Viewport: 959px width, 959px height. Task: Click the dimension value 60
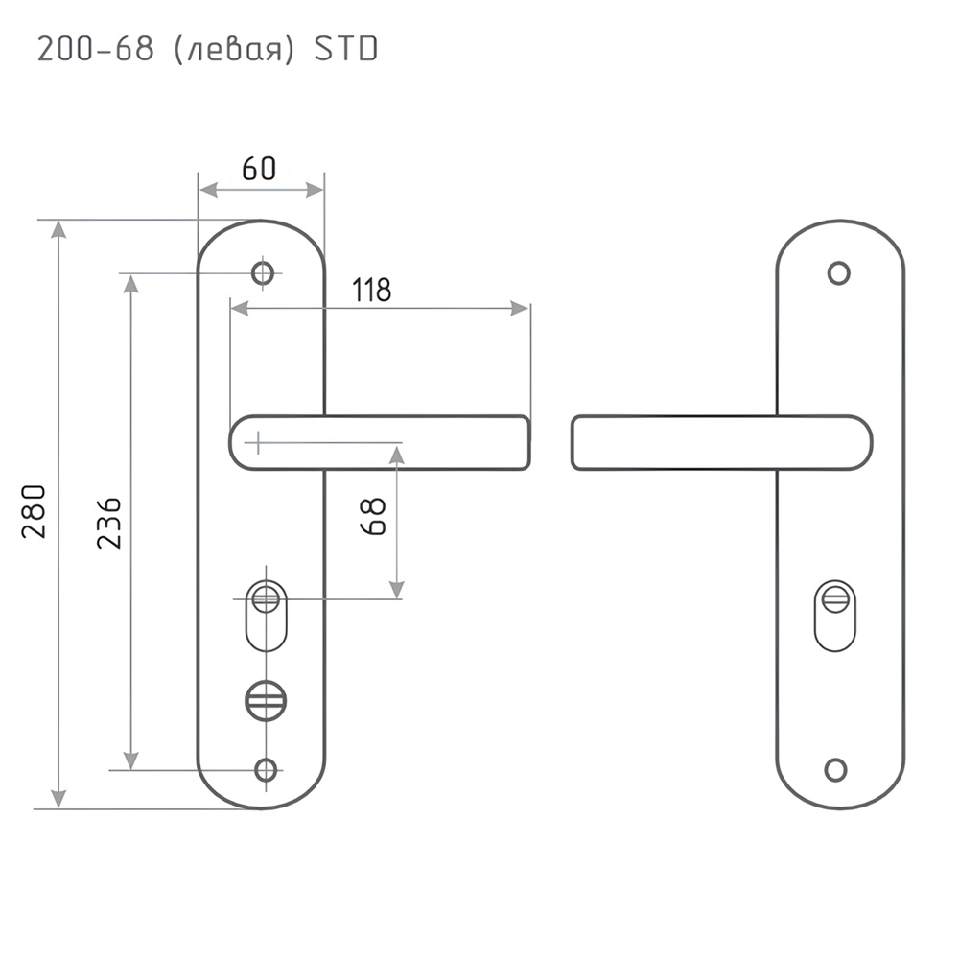click(x=259, y=168)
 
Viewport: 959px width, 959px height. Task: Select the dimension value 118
click(x=371, y=290)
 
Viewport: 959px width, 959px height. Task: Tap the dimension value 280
click(x=34, y=511)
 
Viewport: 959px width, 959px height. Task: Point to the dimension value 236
click(x=109, y=523)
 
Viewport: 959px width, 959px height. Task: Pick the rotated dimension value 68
click(x=373, y=516)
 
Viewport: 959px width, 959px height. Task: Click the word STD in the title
click(x=345, y=49)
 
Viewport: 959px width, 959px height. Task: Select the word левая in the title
click(x=234, y=50)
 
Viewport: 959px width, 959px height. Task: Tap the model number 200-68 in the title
click(x=95, y=49)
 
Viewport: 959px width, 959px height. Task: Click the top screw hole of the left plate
click(x=263, y=272)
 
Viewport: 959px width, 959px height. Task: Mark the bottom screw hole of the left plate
click(x=266, y=770)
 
